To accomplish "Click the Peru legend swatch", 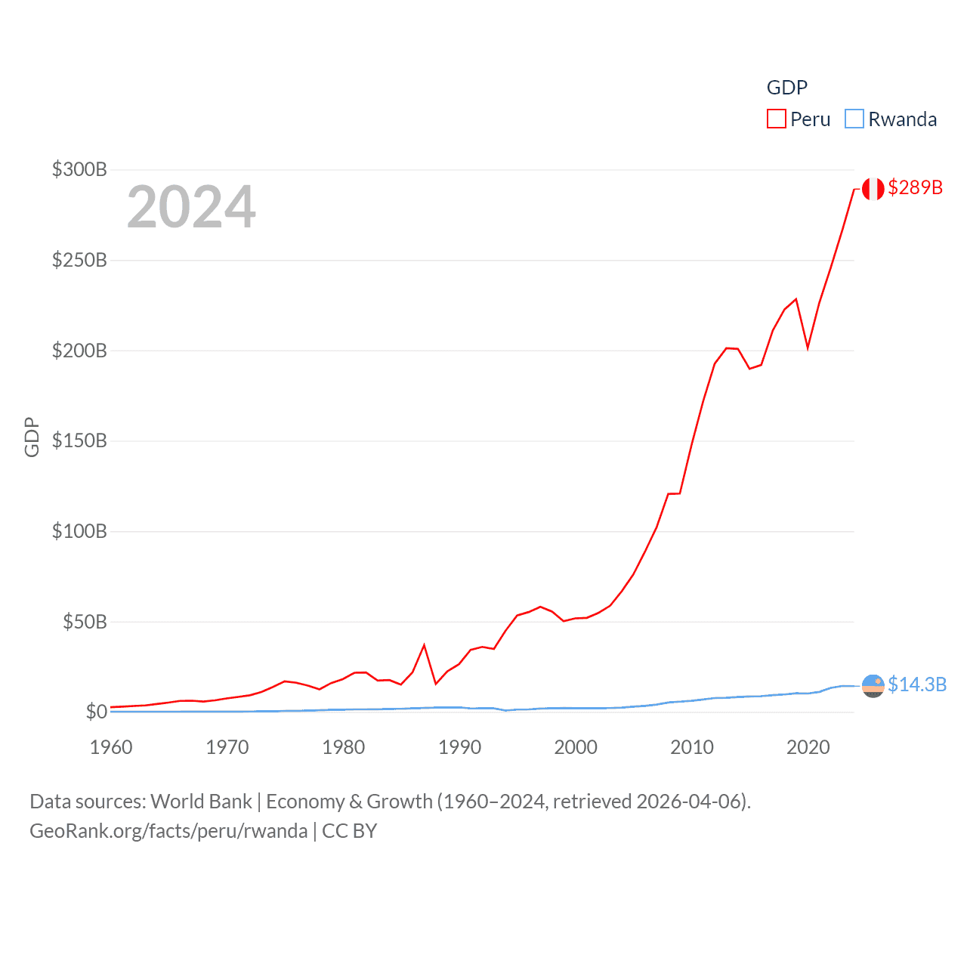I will [777, 119].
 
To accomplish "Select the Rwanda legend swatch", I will [854, 119].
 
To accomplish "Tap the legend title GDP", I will [786, 88].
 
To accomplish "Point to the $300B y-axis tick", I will [79, 169].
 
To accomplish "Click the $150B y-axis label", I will [79, 440].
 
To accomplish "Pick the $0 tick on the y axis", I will [96, 712].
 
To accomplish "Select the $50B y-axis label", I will [85, 622].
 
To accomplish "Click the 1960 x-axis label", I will [111, 747].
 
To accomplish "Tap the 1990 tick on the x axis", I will [459, 747].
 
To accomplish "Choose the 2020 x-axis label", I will [808, 747].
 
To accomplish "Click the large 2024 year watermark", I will [191, 207].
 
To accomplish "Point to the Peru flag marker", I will [873, 189].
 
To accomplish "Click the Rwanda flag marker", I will [873, 685].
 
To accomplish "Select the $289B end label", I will [915, 187].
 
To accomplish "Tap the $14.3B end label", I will [917, 684].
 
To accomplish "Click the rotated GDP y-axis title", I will [32, 437].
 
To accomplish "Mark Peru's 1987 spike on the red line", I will [425, 645].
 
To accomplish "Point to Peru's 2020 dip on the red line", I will [808, 348].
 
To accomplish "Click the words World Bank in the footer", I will [201, 802].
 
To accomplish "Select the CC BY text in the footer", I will [349, 831].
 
